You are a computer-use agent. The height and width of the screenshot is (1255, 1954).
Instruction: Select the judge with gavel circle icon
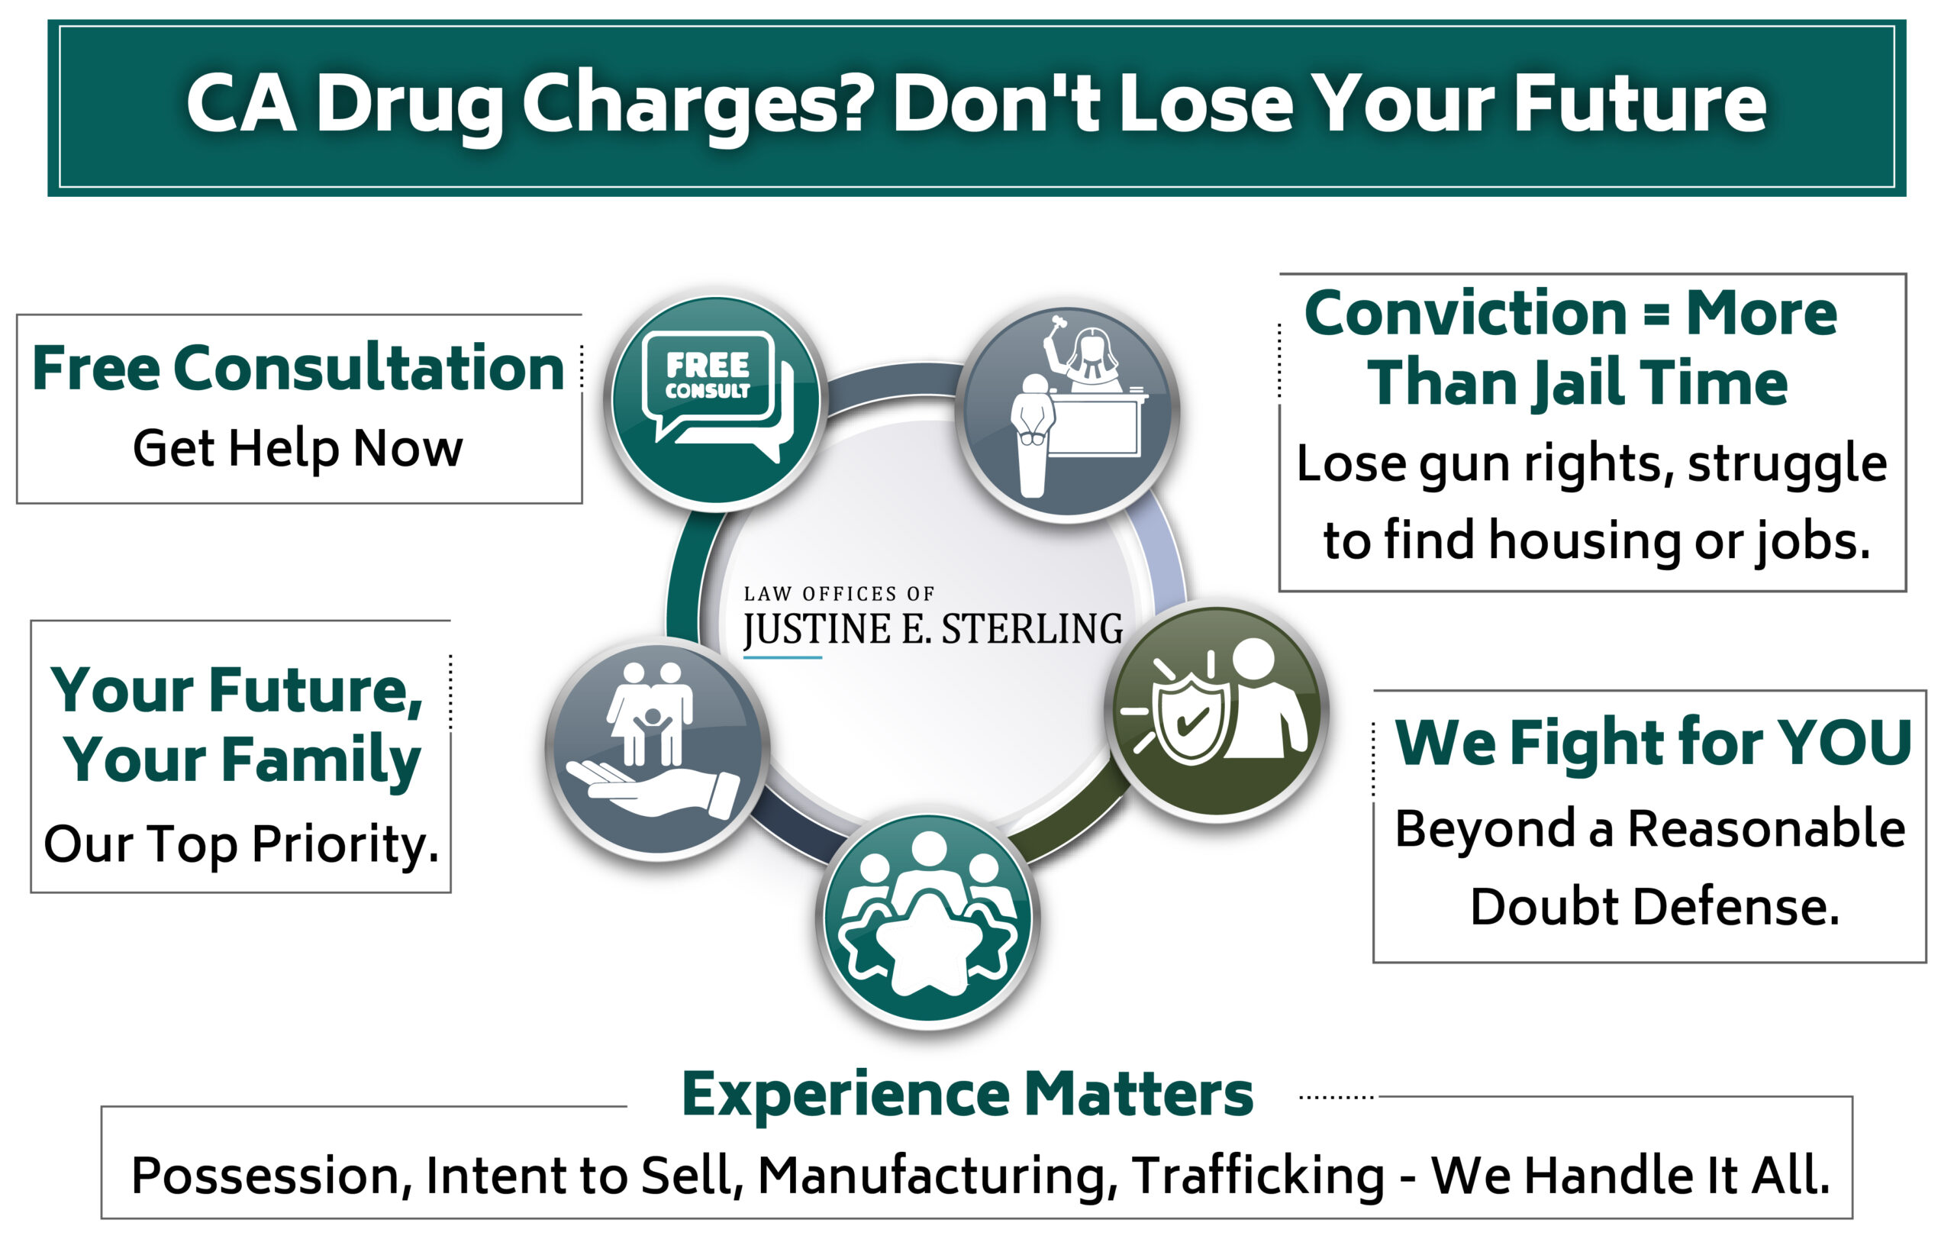click(x=1067, y=412)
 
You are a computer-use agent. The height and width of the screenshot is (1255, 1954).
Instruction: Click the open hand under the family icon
click(x=652, y=787)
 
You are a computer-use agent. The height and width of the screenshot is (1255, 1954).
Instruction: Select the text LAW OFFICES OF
click(x=839, y=593)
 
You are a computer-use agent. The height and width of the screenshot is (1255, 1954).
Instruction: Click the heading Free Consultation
click(x=298, y=369)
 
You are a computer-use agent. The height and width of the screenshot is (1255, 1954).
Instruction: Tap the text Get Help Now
click(x=298, y=448)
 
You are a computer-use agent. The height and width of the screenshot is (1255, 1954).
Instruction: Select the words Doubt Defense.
click(x=1654, y=907)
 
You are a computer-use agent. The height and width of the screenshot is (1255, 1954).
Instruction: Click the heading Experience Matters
click(x=967, y=1094)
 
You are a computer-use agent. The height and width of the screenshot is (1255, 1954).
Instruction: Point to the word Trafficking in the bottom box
click(x=1259, y=1175)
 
